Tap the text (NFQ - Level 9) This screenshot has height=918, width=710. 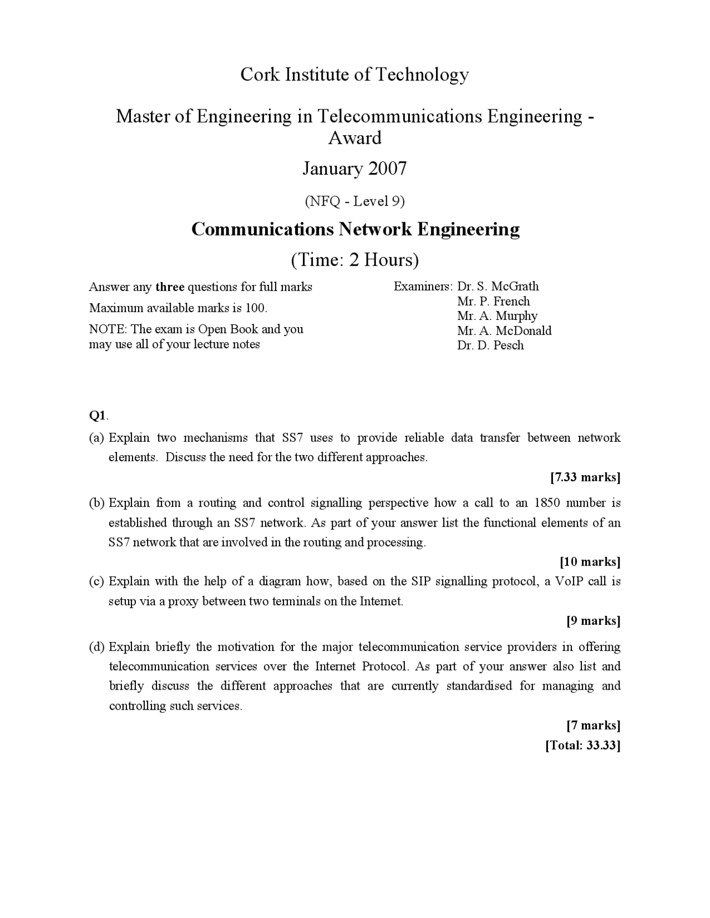click(354, 201)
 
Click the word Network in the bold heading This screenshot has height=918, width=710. click(376, 229)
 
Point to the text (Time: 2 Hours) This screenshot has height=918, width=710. click(354, 259)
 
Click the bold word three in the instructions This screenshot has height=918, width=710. click(170, 287)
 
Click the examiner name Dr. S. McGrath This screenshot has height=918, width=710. click(498, 287)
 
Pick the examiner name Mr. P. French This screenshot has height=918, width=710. click(493, 302)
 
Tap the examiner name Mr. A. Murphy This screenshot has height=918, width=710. click(497, 316)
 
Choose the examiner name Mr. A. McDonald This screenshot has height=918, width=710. click(504, 331)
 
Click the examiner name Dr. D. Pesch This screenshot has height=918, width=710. click(490, 345)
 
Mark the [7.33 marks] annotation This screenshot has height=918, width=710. click(585, 477)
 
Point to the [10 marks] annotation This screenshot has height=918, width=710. click(590, 562)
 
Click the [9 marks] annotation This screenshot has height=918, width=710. click(593, 620)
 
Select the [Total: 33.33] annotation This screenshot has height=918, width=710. click(582, 745)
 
